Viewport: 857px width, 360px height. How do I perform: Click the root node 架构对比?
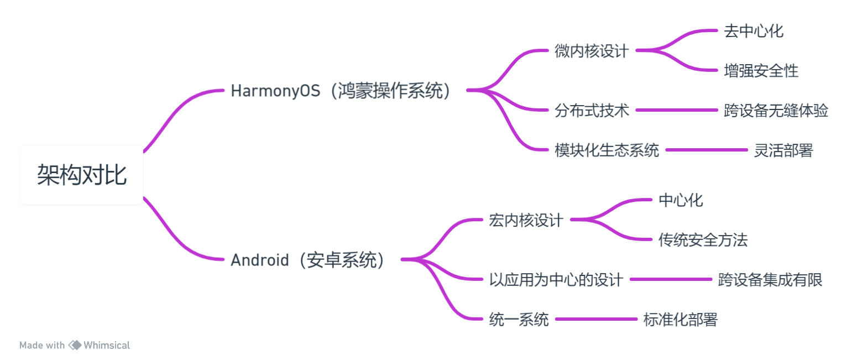[82, 175]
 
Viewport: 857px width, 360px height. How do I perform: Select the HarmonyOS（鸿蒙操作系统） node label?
[341, 91]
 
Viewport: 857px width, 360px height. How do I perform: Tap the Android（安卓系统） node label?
[308, 260]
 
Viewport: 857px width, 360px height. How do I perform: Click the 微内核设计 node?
[592, 51]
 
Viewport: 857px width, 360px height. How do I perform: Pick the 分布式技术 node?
[592, 111]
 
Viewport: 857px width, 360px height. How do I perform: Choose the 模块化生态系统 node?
[607, 150]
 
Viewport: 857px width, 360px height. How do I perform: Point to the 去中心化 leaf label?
[754, 31]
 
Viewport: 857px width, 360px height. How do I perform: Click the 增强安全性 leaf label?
[761, 71]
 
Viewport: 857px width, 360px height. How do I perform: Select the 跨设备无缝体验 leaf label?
[776, 111]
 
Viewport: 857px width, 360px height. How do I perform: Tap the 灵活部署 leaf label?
[783, 150]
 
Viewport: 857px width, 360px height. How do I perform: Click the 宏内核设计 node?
[526, 221]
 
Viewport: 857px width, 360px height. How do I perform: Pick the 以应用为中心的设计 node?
[556, 280]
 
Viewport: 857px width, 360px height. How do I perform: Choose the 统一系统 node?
[519, 320]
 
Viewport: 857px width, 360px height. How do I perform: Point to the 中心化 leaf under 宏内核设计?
[681, 200]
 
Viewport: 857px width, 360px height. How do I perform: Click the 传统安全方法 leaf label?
[703, 240]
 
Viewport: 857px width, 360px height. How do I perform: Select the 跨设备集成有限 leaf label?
[770, 280]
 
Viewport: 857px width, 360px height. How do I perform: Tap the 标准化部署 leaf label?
[680, 320]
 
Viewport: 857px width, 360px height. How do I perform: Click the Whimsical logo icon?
[75, 345]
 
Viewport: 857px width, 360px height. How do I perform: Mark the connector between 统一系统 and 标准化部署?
[596, 319]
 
